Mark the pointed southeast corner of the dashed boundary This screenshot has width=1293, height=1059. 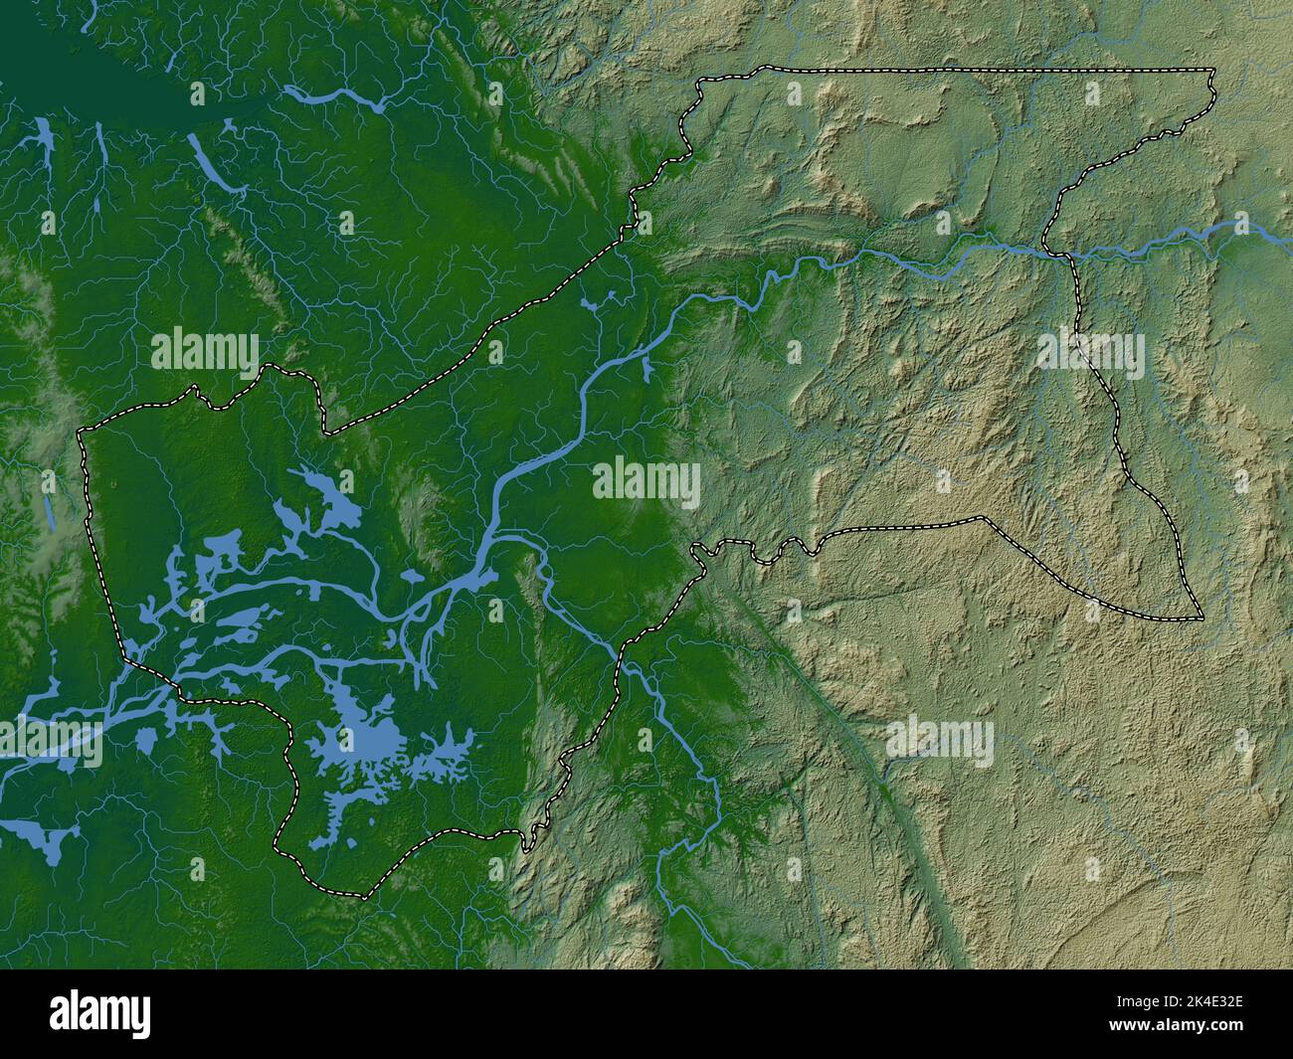(1201, 618)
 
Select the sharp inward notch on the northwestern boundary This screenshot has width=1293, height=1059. (325, 433)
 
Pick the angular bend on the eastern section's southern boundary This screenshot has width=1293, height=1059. (983, 517)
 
